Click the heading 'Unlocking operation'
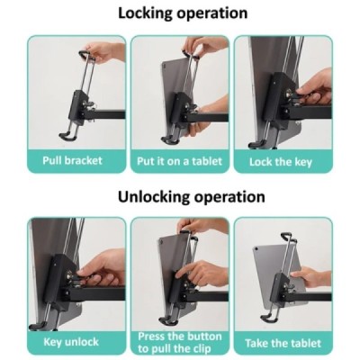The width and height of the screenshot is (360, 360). (x=180, y=196)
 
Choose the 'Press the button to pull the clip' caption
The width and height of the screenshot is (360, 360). (x=179, y=343)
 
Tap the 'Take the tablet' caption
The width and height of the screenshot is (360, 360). (x=282, y=343)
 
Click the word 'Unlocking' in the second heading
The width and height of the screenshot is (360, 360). (x=151, y=196)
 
